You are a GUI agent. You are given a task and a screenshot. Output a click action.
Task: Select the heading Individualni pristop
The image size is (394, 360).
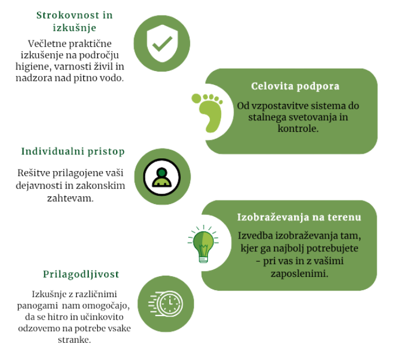coord(73,151)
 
